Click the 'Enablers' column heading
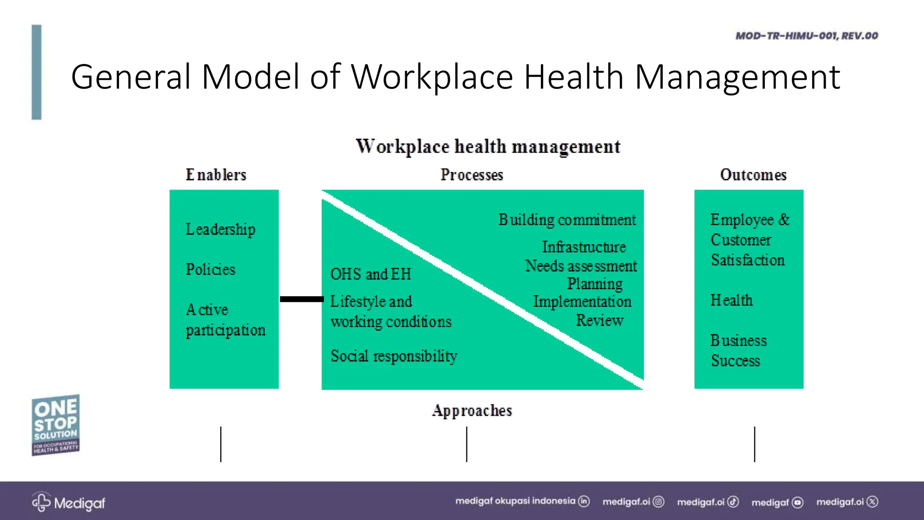[216, 175]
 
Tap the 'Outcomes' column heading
[753, 175]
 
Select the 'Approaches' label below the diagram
[472, 410]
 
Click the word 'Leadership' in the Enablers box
[220, 229]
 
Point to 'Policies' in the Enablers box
[210, 269]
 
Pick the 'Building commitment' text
[567, 220]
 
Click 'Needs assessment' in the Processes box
[581, 266]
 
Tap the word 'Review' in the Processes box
[600, 320]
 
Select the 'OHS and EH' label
[370, 274]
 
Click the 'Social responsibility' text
[393, 356]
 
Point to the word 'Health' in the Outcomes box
[731, 300]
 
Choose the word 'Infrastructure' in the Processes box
[584, 247]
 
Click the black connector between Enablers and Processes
[301, 299]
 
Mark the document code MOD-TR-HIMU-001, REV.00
[807, 36]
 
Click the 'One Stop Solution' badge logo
[55, 425]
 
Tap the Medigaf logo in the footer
[68, 502]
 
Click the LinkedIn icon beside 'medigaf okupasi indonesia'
[584, 501]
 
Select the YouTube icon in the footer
[798, 502]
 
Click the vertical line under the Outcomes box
[754, 444]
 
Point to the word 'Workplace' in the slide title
[432, 77]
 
